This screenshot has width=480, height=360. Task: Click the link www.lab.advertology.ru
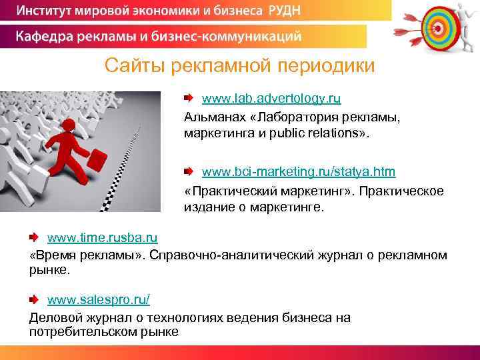pos(271,99)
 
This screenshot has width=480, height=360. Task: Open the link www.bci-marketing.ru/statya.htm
pos(298,172)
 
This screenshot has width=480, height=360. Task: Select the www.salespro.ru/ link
pos(98,300)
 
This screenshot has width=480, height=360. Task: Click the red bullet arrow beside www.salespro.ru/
pos(34,301)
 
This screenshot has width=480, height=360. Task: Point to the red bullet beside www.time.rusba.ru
pos(34,237)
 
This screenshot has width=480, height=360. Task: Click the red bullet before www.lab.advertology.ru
pos(189,99)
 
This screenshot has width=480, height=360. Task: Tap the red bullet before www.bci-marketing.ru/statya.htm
pos(189,172)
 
